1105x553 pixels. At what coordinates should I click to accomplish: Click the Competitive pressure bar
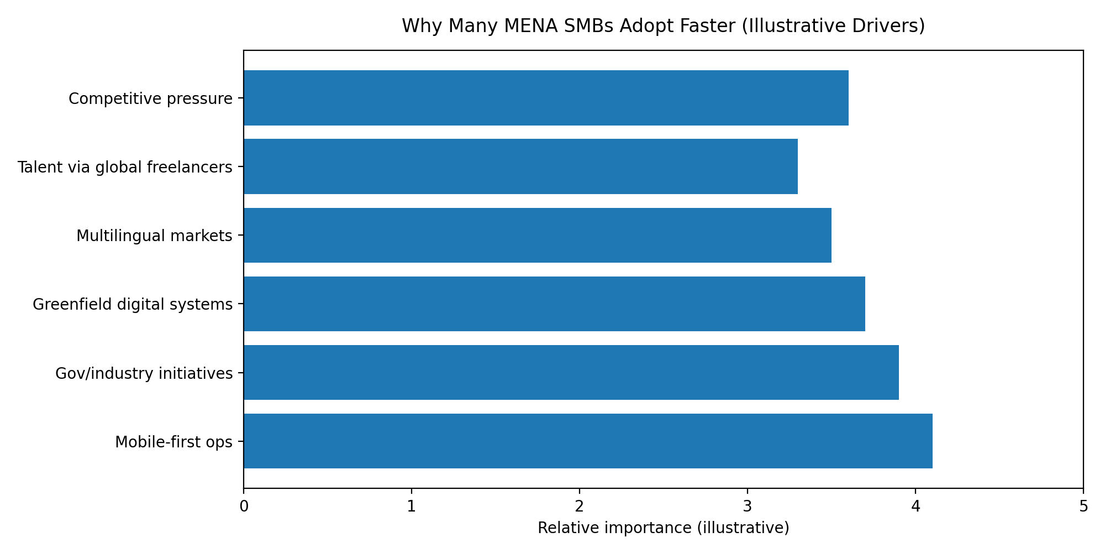(546, 98)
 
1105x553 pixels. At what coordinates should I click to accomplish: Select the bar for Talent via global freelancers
(520, 166)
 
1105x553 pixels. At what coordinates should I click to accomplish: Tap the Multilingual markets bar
(537, 236)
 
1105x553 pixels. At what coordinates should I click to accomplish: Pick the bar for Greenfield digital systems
(554, 304)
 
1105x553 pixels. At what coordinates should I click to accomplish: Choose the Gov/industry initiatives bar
(571, 373)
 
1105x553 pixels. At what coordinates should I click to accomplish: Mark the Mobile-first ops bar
(588, 441)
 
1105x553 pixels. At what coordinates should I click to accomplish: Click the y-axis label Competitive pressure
(150, 99)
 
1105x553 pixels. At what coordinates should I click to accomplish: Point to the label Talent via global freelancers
(125, 168)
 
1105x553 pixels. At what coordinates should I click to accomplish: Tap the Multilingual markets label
(154, 236)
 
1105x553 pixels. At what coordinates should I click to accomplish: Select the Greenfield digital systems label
(133, 305)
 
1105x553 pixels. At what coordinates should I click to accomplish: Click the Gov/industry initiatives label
(144, 374)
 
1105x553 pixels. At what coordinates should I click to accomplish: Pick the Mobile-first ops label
(173, 442)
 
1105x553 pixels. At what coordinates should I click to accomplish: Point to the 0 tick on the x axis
(244, 506)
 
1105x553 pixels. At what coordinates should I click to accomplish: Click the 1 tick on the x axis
(412, 506)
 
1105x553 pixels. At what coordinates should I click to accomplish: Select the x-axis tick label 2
(580, 506)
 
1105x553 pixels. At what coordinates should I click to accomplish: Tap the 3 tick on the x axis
(748, 506)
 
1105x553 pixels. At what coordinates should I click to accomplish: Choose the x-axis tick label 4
(915, 506)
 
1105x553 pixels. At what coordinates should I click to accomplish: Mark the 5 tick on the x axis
(1083, 506)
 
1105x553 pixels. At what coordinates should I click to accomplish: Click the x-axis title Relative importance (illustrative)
(663, 528)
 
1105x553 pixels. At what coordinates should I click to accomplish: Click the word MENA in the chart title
(499, 26)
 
